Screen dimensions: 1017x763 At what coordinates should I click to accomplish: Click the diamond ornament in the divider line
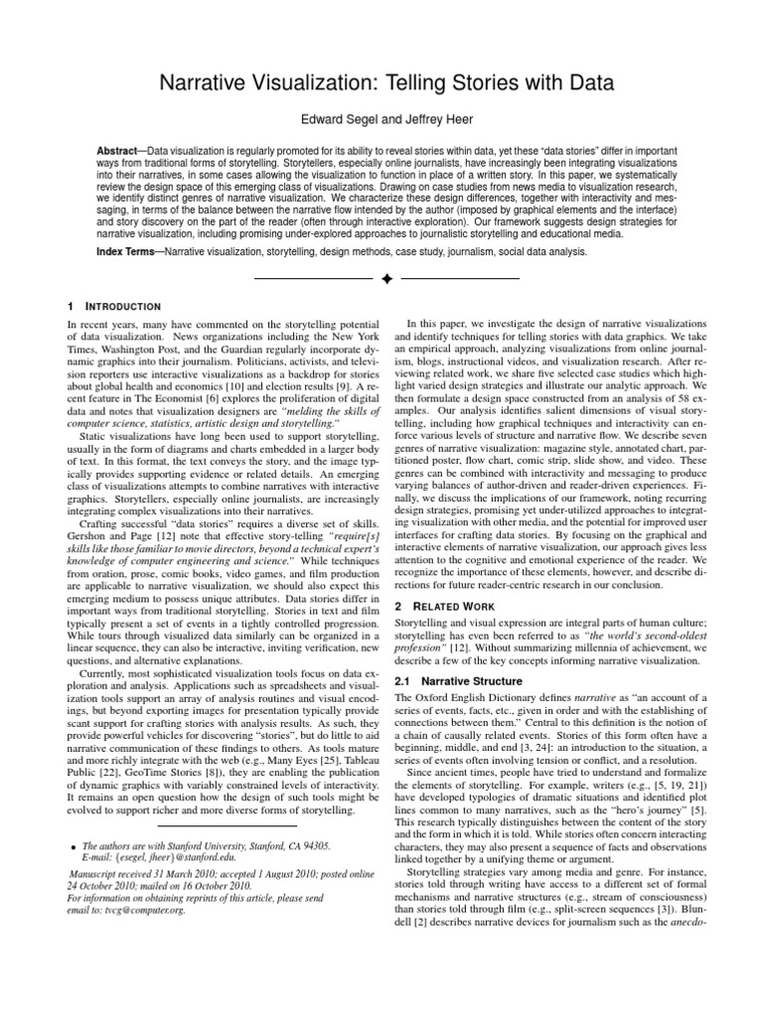point(381,281)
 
